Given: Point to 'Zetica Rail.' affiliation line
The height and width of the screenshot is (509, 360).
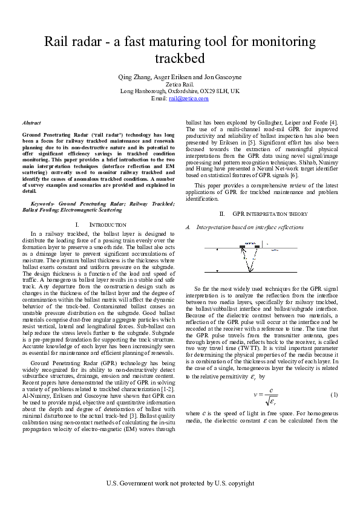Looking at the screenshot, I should coord(180,85).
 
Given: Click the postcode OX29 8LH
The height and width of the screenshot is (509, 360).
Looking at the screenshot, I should coord(215,91).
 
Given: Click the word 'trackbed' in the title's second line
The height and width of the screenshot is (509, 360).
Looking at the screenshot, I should coord(180,59).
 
